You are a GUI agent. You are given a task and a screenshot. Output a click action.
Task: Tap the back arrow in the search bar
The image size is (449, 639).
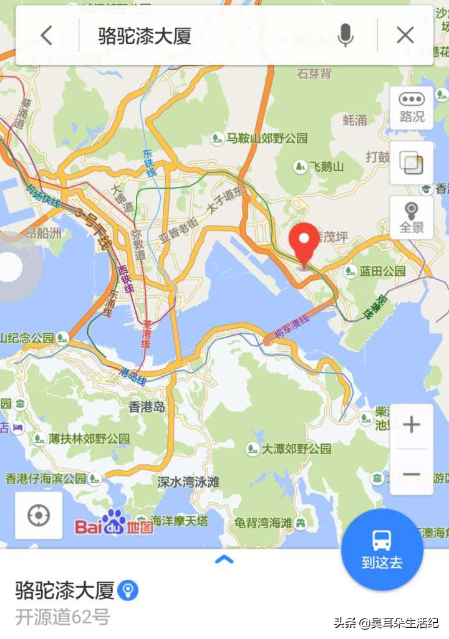[47, 35]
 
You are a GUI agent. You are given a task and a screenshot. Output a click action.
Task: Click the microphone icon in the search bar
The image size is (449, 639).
[345, 35]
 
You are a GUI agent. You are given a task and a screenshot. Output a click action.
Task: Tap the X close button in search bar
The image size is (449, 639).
[405, 35]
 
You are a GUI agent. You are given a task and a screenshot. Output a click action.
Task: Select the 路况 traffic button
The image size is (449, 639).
[412, 108]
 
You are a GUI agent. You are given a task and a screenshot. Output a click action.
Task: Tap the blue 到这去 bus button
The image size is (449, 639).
[382, 549]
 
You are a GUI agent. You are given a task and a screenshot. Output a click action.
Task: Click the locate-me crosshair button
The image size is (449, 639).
[39, 516]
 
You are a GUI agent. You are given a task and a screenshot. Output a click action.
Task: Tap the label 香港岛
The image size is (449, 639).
[147, 407]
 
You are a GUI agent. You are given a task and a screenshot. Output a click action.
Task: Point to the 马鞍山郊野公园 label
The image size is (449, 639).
[266, 138]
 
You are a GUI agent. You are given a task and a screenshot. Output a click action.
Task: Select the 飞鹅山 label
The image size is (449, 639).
[327, 167]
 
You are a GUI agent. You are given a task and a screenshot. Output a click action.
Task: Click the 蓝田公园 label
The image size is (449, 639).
[382, 271]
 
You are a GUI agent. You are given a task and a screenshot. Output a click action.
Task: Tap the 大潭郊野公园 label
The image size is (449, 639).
[296, 448]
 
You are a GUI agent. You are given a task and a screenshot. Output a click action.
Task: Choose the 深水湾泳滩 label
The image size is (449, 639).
[188, 481]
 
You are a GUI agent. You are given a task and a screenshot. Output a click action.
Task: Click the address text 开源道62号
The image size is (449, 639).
[62, 617]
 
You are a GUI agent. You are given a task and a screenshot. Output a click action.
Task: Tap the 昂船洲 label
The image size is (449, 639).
[43, 234]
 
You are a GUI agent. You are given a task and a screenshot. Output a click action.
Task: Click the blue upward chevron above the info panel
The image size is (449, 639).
[224, 559]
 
